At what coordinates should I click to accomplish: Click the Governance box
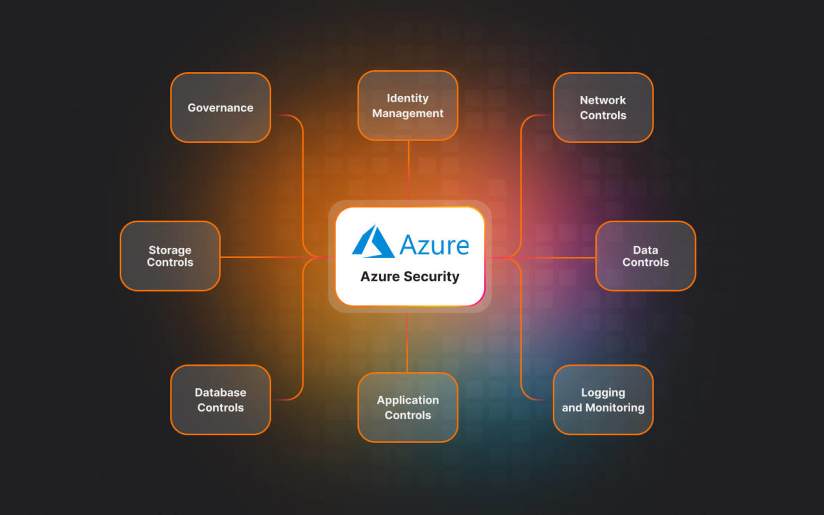(220, 108)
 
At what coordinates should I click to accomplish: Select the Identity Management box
(407, 106)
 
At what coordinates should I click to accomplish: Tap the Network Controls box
(603, 108)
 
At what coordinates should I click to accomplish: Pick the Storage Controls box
(170, 256)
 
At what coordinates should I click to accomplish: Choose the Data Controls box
(646, 256)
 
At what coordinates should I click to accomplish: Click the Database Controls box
(220, 400)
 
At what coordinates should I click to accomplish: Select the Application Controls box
(407, 407)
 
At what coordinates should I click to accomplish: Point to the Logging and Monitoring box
(603, 400)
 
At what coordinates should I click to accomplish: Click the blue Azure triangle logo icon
(373, 241)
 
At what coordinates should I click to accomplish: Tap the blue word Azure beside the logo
(434, 245)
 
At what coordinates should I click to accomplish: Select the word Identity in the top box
(407, 98)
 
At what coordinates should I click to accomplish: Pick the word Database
(220, 392)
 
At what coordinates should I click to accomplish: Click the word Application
(407, 400)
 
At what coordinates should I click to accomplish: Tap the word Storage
(170, 250)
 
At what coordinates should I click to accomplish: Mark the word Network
(603, 100)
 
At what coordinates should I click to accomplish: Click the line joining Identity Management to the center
(408, 171)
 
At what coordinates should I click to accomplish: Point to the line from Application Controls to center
(407, 341)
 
